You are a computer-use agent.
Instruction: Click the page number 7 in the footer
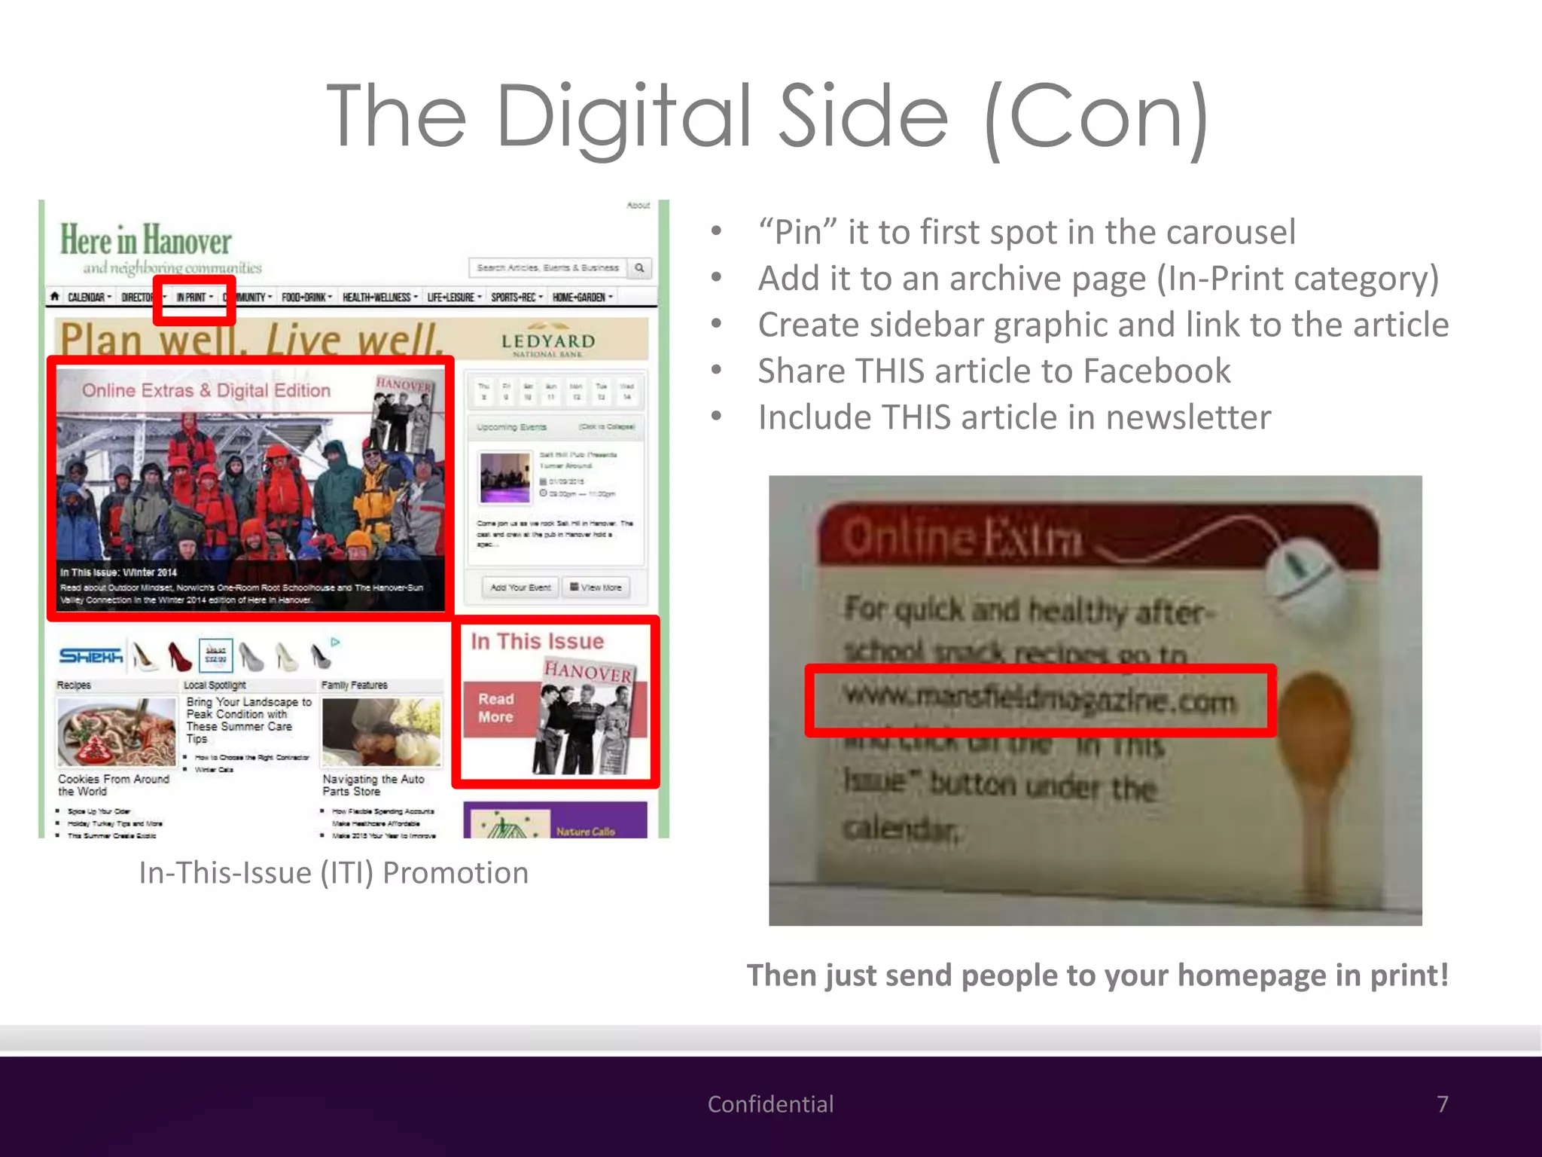coord(1442,1104)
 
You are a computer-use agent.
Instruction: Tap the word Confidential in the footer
coord(770,1104)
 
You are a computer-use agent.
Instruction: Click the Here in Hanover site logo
coord(146,241)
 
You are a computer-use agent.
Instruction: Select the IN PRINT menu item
coord(193,298)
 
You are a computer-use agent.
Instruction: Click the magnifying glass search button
coord(639,267)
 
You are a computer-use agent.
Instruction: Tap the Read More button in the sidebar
coord(496,708)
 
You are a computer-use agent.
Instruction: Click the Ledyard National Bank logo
coord(548,343)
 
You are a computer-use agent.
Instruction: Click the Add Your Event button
coord(520,588)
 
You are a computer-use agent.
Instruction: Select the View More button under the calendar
coord(596,588)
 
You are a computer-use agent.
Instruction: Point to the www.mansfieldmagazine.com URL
coord(1039,700)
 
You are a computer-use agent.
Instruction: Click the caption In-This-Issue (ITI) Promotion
coord(334,873)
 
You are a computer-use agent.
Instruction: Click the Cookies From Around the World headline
coord(114,785)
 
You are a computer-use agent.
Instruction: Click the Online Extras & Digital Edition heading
coord(206,390)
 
